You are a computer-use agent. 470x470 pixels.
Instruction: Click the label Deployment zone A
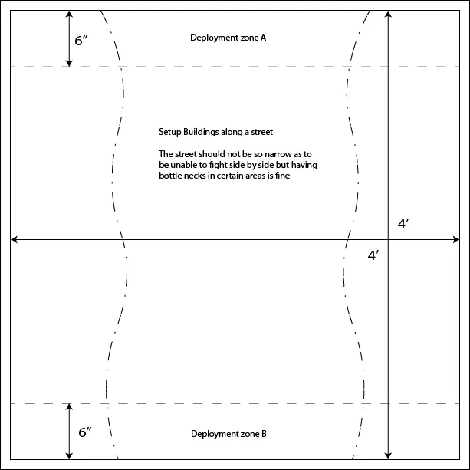tap(228, 38)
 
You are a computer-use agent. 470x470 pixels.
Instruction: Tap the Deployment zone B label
tap(228, 434)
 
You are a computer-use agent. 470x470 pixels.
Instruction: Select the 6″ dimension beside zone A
tap(81, 41)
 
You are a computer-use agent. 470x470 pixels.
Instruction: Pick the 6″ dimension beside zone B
tap(85, 432)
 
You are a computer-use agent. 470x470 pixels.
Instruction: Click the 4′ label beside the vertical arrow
tap(403, 224)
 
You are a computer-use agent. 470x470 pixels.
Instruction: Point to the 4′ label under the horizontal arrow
tap(373, 255)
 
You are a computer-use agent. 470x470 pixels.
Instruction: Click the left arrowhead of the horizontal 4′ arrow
tap(14, 239)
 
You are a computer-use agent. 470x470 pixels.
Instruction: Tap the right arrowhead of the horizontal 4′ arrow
tap(456, 239)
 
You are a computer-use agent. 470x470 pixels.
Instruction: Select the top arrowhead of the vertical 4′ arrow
tap(388, 14)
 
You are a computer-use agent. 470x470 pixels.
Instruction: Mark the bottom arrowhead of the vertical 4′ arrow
tap(388, 455)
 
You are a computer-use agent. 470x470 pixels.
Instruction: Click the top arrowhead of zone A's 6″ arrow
tap(69, 14)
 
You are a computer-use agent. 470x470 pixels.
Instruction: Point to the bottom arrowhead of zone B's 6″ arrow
tap(69, 455)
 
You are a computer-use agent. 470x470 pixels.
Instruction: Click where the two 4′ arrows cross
tap(388, 239)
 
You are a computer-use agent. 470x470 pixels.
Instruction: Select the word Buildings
tap(201, 132)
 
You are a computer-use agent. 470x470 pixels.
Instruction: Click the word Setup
tap(170, 133)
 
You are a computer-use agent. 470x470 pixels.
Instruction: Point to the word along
tap(232, 132)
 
